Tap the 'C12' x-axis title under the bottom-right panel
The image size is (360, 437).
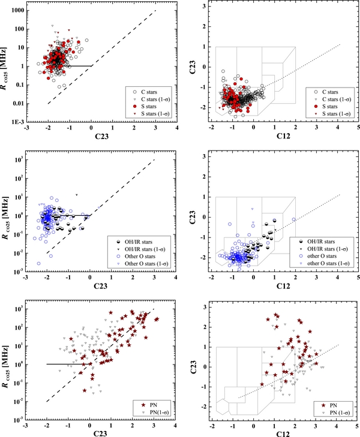click(285, 433)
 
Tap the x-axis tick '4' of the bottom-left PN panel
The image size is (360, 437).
click(175, 424)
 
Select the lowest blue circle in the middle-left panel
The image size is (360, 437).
click(39, 263)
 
